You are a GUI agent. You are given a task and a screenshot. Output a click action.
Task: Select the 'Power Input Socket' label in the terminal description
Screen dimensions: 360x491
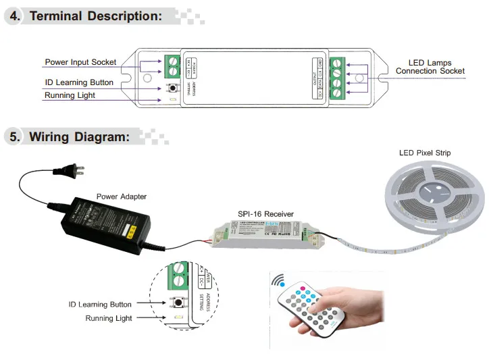80,62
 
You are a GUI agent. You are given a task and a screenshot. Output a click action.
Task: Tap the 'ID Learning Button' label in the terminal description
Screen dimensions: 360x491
79,82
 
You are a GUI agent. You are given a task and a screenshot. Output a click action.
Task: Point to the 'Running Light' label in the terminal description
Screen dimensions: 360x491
70,95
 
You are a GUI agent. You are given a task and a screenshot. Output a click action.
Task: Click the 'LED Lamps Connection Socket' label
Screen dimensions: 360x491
430,67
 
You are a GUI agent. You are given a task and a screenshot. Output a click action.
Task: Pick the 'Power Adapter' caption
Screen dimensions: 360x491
122,197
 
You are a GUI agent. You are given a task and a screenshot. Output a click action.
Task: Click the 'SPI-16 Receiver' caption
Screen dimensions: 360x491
266,214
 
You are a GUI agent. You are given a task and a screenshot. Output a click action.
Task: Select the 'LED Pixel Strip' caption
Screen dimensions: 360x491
425,153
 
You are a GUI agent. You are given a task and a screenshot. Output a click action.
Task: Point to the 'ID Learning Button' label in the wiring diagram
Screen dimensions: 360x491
100,305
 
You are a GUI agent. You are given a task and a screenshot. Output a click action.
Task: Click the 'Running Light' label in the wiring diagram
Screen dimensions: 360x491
109,317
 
